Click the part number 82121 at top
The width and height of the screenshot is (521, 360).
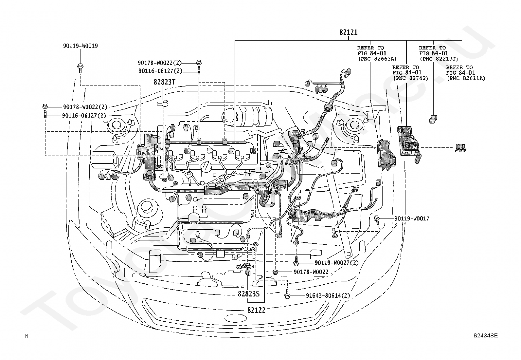pos(348,32)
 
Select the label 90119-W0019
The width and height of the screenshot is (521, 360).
pos(81,46)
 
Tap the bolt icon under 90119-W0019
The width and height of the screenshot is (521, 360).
pos(80,68)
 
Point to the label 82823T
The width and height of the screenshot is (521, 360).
pos(164,82)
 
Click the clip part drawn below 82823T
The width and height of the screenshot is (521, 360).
pos(163,103)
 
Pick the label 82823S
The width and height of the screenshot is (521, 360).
pos(248,294)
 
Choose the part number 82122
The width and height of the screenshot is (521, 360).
pos(256,310)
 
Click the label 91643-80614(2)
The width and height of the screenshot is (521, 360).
pos(328,295)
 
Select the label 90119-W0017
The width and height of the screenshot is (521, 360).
pos(412,218)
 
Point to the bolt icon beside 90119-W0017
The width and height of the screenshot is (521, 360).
pos(377,219)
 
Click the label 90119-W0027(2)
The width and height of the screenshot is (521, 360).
pos(336,263)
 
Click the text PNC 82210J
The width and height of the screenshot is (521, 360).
pos(440,59)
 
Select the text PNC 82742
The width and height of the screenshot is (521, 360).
pos(412,78)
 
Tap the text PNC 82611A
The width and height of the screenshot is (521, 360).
pos(467,78)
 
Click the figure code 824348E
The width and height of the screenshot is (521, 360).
pos(486,335)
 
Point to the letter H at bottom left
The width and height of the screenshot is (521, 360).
pos(27,336)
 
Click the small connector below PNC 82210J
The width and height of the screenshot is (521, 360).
pos(433,119)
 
